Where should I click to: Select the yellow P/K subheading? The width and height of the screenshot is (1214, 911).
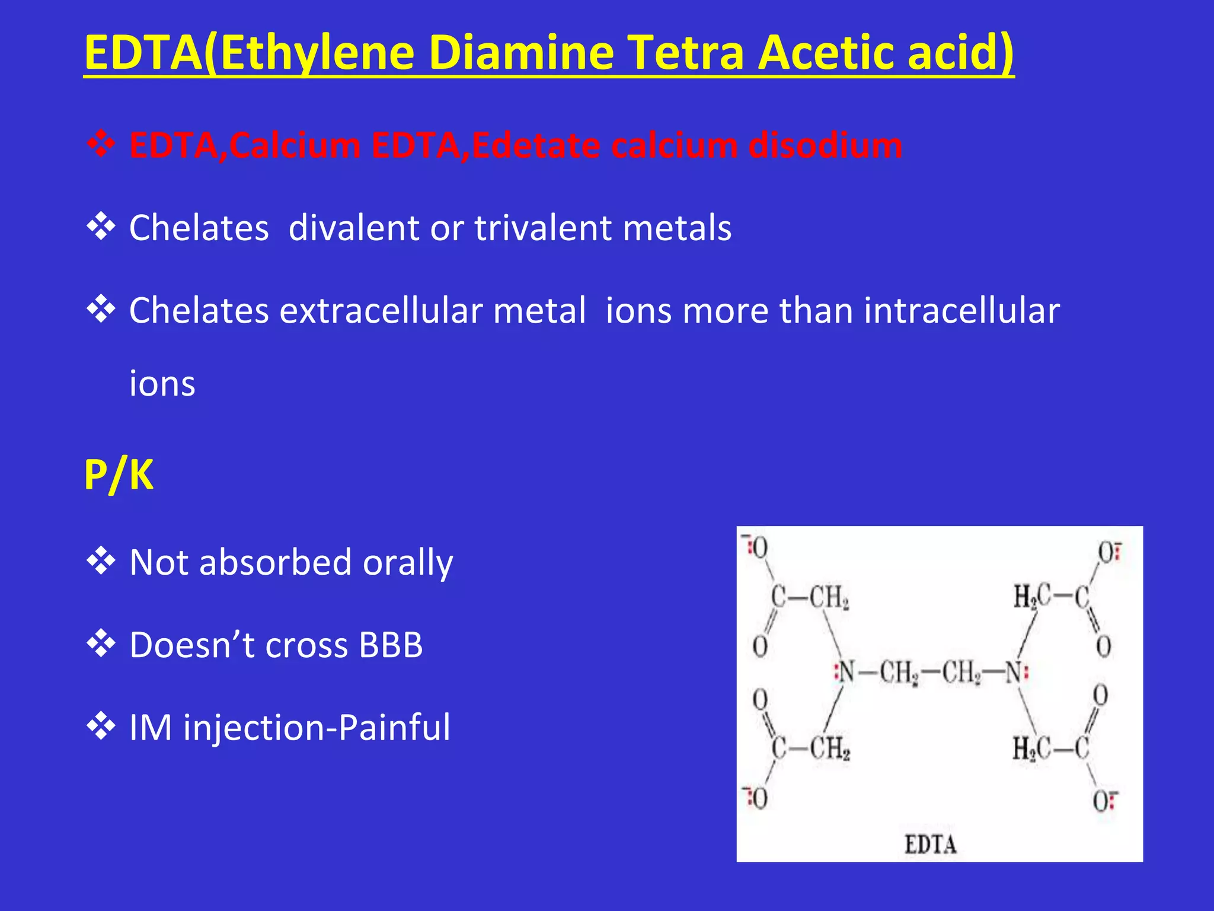(x=119, y=475)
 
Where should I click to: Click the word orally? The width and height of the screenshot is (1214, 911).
(x=408, y=563)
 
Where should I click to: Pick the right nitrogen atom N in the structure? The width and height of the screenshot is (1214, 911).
(x=1015, y=673)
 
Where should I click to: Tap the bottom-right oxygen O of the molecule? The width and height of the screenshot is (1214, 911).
(x=1102, y=802)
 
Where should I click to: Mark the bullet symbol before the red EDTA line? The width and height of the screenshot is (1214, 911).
(x=101, y=144)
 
